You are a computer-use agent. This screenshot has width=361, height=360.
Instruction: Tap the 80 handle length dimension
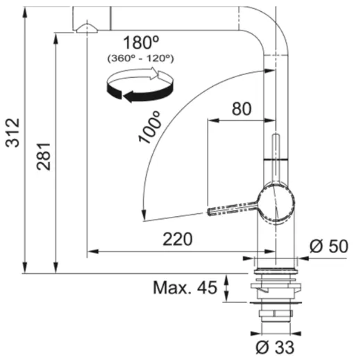click(x=241, y=109)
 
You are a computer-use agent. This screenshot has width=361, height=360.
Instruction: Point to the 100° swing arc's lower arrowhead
click(x=144, y=215)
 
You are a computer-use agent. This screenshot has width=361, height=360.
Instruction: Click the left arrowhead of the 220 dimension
click(x=90, y=252)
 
